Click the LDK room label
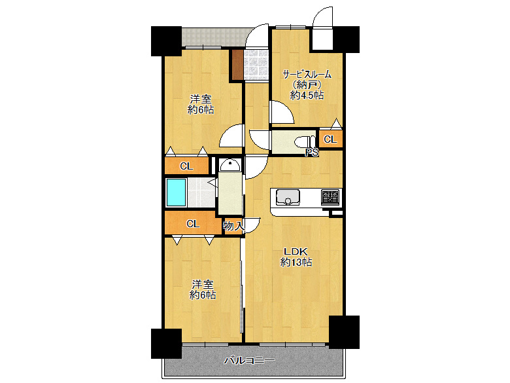tap(296, 251)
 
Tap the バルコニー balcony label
tap(250, 361)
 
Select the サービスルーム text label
tap(307, 74)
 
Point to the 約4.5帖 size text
tap(307, 95)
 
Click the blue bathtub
tap(176, 192)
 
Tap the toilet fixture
tap(305, 142)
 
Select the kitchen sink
tap(288, 197)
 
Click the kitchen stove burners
tap(330, 197)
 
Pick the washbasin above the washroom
tap(230, 165)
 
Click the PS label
tap(311, 153)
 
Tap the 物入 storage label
tap(233, 226)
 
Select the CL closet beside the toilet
tap(330, 139)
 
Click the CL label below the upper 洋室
tap(186, 166)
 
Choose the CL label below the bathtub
tap(192, 224)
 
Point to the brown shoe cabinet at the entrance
tap(238, 64)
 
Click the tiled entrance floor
tap(256, 64)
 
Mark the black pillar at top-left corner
tap(166, 41)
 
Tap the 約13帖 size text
tap(296, 262)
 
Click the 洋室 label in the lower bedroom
tap(202, 285)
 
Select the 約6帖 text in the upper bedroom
tap(201, 110)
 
